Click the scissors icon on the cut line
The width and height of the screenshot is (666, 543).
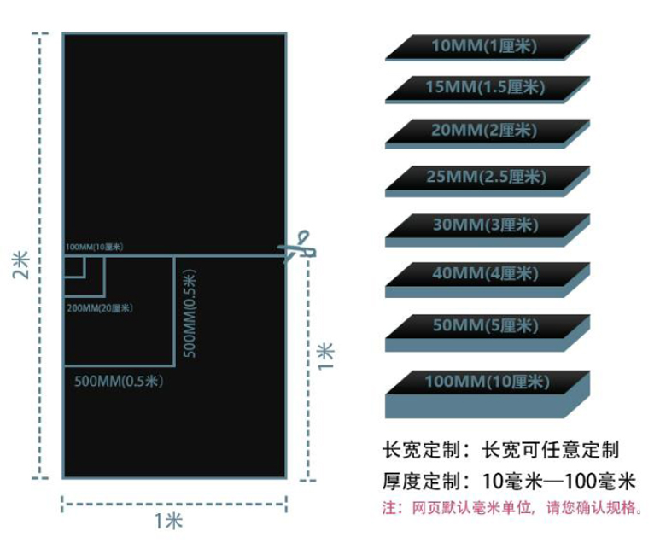[x=297, y=246]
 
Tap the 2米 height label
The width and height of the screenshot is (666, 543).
[x=20, y=265]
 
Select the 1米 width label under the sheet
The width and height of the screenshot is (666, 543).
[x=168, y=521]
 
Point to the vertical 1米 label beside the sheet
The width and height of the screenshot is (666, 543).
[x=326, y=357]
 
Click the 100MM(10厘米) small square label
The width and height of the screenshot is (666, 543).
[x=94, y=247]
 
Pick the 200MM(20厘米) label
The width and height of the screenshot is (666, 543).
[x=100, y=308]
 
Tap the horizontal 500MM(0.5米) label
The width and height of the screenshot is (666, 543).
[x=119, y=381]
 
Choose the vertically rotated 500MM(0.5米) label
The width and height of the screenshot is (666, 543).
[x=190, y=313]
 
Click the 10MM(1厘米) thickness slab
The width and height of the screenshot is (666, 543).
[x=488, y=48]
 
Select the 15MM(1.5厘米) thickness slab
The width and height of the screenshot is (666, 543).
[x=488, y=90]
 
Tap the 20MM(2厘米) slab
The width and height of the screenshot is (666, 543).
[x=488, y=134]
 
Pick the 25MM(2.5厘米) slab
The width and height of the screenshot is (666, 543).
[x=488, y=181]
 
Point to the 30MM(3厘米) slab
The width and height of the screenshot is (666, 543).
[x=488, y=231]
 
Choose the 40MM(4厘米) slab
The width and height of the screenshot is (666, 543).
[x=488, y=280]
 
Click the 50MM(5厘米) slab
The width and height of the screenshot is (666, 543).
[x=488, y=333]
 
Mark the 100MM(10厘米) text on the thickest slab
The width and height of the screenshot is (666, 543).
[x=488, y=382]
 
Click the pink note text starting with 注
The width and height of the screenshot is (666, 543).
[x=512, y=507]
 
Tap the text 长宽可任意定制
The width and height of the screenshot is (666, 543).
[x=551, y=450]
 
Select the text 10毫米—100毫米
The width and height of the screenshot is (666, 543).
[x=559, y=482]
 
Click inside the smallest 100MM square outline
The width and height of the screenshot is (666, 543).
[x=74, y=267]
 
